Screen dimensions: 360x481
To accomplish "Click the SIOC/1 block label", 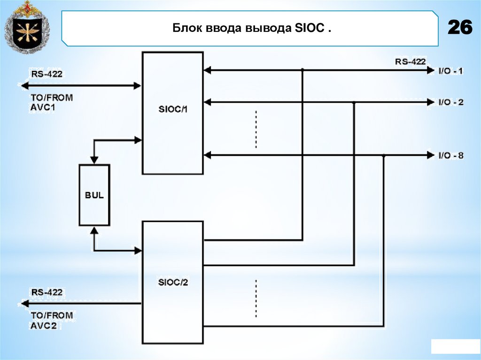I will (172, 109).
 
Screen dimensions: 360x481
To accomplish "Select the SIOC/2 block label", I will (172, 282).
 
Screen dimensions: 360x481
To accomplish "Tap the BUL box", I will (94, 195).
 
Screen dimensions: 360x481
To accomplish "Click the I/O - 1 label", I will (450, 71).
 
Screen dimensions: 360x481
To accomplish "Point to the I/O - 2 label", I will (450, 102).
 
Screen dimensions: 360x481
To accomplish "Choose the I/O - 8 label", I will (450, 155).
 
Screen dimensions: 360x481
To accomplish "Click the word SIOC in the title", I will (310, 29).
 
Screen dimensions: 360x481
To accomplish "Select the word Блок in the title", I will (186, 29).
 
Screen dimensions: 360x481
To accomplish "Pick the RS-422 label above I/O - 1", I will (411, 61).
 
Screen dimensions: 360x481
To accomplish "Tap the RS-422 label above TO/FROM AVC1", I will (47, 74).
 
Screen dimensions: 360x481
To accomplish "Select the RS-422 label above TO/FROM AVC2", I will (47, 292).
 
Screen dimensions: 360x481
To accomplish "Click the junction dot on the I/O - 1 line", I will (302, 70).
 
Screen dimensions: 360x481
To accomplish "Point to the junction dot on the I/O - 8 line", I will (384, 155).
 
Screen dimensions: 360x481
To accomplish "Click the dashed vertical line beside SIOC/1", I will (256, 129).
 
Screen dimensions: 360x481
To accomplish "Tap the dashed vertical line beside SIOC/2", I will (256, 299).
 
